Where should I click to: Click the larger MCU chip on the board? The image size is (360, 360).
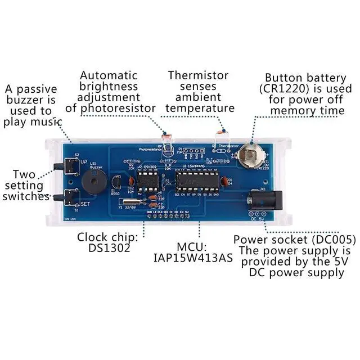(x=197, y=181)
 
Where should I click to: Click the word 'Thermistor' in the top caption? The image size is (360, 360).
(x=198, y=75)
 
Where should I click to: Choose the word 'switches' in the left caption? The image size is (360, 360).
(x=25, y=196)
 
